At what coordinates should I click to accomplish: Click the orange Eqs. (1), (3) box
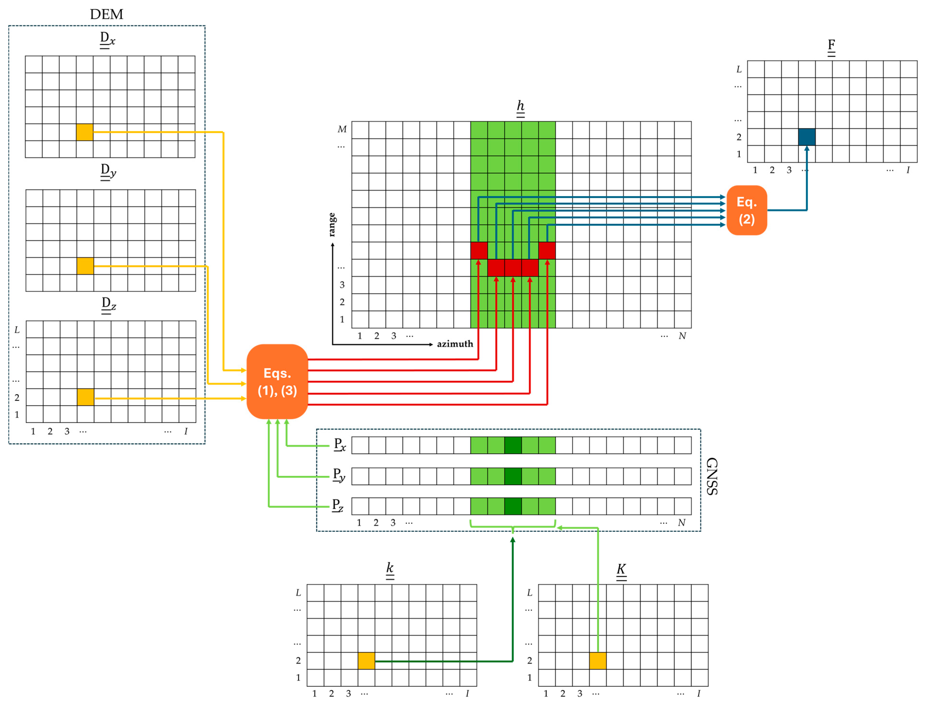pos(277,381)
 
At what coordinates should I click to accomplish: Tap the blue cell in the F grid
pos(806,137)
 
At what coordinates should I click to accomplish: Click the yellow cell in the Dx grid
pos(85,132)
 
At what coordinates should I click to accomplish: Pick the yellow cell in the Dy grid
pos(85,266)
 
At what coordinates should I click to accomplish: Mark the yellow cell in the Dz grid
pos(85,397)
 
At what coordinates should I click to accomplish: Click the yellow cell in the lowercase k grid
pos(366,661)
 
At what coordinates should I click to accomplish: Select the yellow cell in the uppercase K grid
pos(598,661)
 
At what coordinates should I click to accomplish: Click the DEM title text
pos(106,14)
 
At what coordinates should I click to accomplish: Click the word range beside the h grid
pos(332,224)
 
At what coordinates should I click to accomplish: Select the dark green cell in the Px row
pos(513,445)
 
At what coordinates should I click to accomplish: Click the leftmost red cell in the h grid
pos(479,251)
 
